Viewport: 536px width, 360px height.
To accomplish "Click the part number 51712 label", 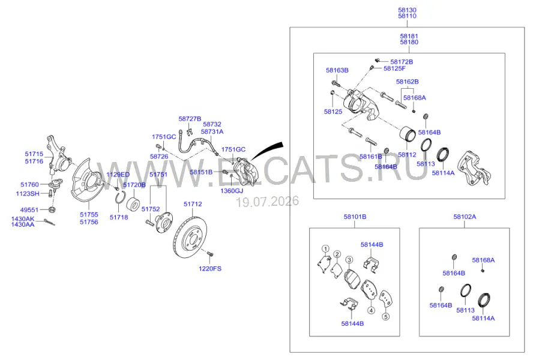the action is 193,204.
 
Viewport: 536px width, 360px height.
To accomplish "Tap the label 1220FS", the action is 210,268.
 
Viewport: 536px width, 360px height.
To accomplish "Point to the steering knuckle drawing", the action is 58,155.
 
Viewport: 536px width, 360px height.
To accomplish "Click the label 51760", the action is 30,184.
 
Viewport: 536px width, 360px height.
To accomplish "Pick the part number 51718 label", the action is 119,217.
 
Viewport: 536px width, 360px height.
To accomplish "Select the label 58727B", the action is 190,119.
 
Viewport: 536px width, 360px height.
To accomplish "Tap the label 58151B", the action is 201,172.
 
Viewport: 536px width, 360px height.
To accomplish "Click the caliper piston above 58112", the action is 408,134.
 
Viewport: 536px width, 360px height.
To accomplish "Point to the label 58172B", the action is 402,62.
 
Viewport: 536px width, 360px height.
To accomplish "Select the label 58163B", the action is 337,70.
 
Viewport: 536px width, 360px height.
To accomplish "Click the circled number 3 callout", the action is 349,260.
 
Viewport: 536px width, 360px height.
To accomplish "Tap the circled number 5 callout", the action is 385,317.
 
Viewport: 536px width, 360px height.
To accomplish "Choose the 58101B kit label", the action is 355,217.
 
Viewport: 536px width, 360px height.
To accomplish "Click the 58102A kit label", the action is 465,217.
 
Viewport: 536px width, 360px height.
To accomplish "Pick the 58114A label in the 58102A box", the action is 483,318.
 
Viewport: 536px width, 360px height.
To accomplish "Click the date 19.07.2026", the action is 268,201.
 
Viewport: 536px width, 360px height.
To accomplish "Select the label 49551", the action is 29,210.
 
